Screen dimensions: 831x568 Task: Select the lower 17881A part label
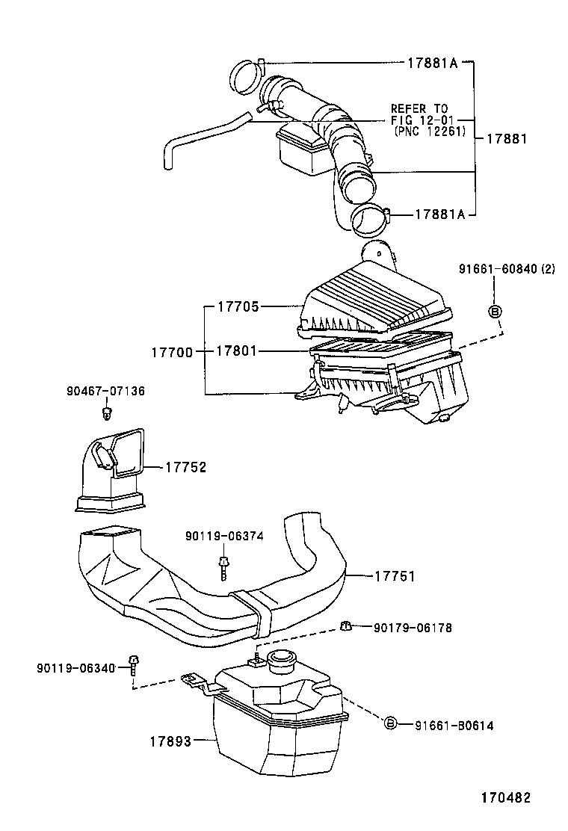[440, 214]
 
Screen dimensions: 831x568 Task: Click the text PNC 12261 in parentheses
[429, 132]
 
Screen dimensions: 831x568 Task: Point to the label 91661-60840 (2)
[507, 269]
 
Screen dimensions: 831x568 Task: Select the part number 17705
[238, 306]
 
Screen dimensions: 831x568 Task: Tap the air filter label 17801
[238, 350]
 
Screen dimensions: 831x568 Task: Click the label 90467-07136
[105, 391]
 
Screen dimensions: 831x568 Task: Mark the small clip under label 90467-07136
[109, 412]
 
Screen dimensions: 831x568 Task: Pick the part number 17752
[185, 467]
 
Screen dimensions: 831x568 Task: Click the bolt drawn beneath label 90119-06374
[223, 566]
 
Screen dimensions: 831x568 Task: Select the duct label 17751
[394, 576]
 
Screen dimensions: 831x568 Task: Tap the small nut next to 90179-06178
[345, 626]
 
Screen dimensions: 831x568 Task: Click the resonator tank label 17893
[170, 741]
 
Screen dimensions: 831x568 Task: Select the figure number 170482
[504, 797]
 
